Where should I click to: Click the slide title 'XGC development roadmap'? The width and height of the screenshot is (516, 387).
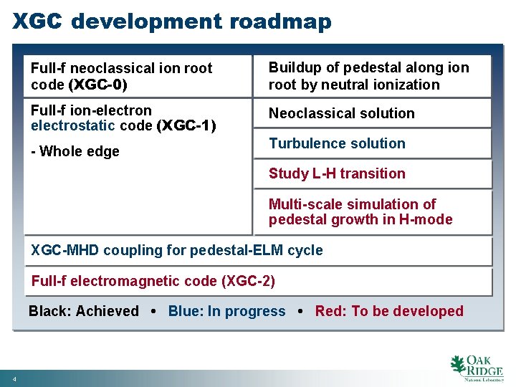[x=172, y=21]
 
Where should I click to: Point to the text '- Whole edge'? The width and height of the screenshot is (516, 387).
[x=75, y=151]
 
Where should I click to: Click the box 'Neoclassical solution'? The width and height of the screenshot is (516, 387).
[x=341, y=113]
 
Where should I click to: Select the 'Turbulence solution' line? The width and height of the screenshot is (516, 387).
[x=337, y=143]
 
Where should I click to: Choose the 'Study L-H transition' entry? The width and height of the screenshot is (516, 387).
[x=337, y=173]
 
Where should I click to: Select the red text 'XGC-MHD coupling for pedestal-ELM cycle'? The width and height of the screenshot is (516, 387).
[x=177, y=250]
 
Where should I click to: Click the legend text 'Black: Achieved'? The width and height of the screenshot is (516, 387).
[x=84, y=311]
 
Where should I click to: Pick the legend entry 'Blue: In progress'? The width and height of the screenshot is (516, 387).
[x=226, y=311]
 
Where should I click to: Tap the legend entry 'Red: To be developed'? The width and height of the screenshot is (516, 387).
[x=389, y=311]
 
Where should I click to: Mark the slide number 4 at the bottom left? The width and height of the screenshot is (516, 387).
[x=14, y=378]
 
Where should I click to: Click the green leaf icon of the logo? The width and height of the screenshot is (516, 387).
[x=457, y=365]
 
